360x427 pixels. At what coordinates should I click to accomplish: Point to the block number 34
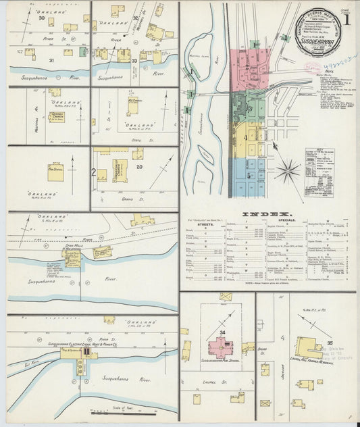coord(222,332)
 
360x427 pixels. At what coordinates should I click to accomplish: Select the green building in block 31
coord(82,52)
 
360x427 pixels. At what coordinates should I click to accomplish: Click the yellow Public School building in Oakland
coord(55,170)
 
